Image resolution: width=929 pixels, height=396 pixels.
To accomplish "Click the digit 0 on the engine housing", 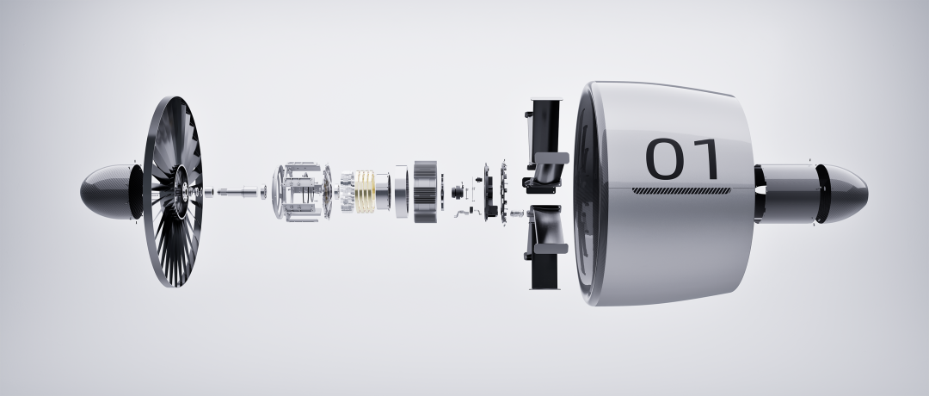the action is coord(664,159).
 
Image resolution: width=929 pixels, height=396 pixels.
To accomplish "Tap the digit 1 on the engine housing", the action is coord(706,159).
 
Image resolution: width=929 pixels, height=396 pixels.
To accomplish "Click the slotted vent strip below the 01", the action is coord(681,191).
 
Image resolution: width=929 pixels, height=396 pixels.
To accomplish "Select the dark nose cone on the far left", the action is coord(109,191).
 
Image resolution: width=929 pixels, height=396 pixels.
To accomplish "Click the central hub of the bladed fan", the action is coord(180,191).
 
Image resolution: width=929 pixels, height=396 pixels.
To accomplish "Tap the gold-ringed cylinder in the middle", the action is coord(365,191).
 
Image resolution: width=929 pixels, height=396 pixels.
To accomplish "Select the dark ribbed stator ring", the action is coord(426,191).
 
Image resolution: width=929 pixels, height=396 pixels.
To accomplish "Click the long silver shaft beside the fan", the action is coord(241,191).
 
